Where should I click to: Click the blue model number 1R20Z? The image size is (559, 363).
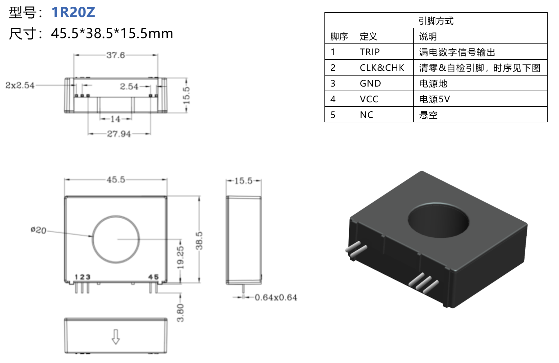[73, 12]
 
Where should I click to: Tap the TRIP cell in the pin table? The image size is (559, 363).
[370, 52]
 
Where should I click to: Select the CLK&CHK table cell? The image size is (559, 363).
[382, 68]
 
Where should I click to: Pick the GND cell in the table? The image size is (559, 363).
[370, 84]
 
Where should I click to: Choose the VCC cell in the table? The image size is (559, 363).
[369, 99]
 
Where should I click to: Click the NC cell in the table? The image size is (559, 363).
[367, 115]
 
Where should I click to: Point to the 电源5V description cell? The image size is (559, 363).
[434, 99]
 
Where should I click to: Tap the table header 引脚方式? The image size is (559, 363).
[436, 21]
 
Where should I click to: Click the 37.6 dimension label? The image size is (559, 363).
[116, 55]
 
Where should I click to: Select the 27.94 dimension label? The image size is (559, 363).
[119, 134]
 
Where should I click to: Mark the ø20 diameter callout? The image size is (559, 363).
[38, 230]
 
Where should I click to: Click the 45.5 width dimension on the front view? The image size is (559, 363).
[116, 180]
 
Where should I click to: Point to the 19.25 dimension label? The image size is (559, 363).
[180, 257]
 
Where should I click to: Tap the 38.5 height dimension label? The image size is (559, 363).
[199, 241]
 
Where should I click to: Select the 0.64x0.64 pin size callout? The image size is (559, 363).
[276, 297]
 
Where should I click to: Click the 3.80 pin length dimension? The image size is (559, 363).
[180, 313]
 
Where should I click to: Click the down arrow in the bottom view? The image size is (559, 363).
[116, 337]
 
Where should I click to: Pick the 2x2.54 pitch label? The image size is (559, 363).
[20, 86]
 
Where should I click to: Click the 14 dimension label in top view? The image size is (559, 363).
[115, 119]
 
